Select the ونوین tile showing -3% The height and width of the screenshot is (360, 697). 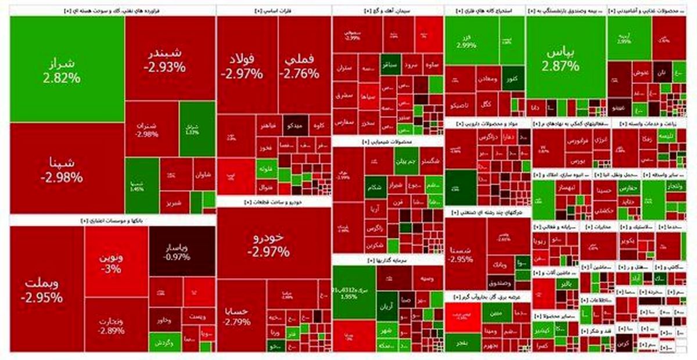click(116, 261)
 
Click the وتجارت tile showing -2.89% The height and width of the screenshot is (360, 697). click(116, 325)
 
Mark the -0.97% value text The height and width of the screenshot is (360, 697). click(173, 257)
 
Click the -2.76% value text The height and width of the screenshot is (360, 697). click(299, 74)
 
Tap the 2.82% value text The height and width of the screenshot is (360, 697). click(61, 77)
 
